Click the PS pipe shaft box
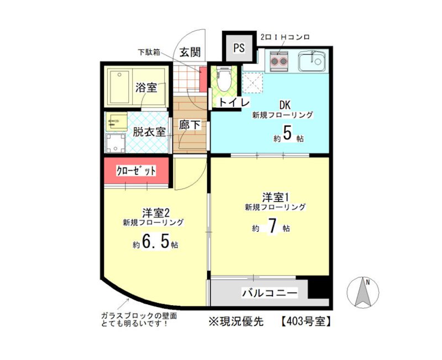(239, 48)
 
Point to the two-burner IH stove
(278, 61)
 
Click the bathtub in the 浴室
(119, 87)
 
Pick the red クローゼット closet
(136, 171)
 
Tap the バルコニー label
(270, 293)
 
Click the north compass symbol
(363, 292)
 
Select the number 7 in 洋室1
(272, 227)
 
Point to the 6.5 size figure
(156, 242)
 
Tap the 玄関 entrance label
(190, 52)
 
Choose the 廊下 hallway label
(190, 125)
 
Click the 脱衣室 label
(149, 132)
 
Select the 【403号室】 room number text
(306, 321)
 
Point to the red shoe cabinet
(203, 80)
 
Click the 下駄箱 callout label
(149, 52)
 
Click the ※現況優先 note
(236, 321)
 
